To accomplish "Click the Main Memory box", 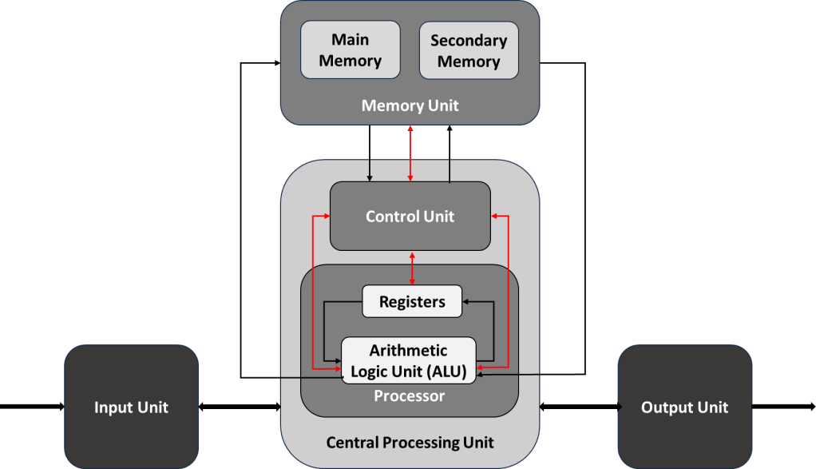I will pos(350,50).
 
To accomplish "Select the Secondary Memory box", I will pos(469,50).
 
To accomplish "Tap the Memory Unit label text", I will pos(410,105).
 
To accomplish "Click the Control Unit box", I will pos(410,216).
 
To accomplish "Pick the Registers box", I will pos(412,301).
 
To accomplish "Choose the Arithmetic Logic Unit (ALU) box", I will pos(409,360).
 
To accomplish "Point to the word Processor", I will pos(409,395).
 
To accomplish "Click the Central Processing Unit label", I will pos(410,442).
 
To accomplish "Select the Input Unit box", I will pos(131,407).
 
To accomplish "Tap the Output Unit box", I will pos(684,407).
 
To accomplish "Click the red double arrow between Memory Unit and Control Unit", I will pos(410,153).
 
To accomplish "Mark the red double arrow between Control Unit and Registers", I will pos(412,267).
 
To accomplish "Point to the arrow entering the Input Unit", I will pos(32,407).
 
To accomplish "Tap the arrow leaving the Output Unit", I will pos(782,407).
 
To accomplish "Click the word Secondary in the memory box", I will pos(469,40).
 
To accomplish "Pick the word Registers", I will pos(412,301).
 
